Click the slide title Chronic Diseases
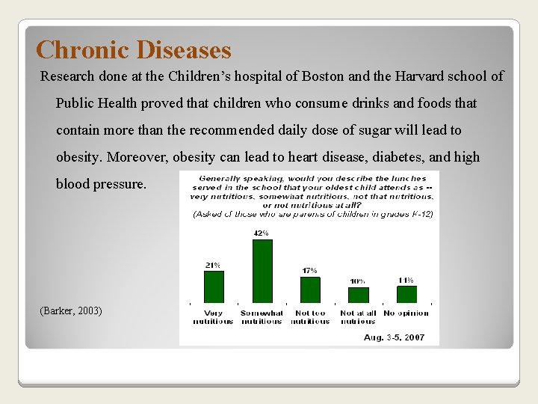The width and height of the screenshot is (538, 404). [134, 50]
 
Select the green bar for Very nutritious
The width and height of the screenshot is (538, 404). [214, 286]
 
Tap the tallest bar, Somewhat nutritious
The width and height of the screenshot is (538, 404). [262, 270]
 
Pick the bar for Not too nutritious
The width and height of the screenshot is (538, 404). [309, 290]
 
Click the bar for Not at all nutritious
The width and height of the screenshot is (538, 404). [358, 295]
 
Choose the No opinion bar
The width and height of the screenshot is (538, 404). [406, 294]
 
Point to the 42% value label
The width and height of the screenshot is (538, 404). [262, 233]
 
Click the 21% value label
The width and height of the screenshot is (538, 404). [213, 265]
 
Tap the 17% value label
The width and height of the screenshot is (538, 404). [309, 271]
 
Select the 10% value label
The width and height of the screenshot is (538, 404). [358, 281]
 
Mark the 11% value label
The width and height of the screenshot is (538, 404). [406, 280]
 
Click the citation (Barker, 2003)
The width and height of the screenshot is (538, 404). [71, 310]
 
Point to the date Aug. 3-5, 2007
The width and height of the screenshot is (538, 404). [394, 337]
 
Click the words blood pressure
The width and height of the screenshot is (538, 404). [101, 184]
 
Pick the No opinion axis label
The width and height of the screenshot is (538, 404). [406, 313]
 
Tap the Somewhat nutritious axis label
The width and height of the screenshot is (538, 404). [262, 317]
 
